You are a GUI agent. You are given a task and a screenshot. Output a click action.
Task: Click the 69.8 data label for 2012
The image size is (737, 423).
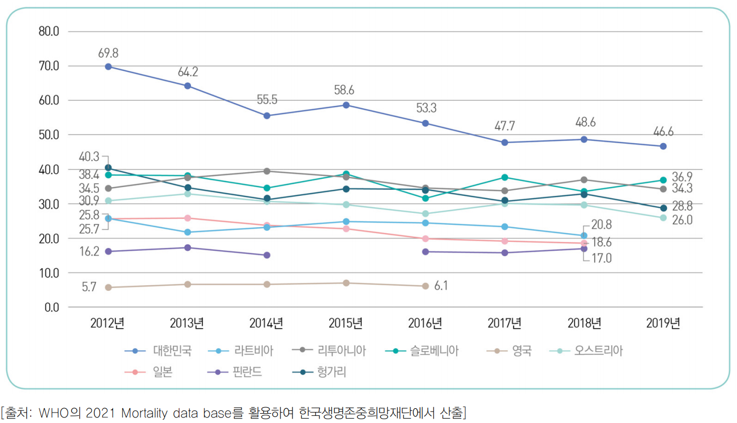(x=108, y=53)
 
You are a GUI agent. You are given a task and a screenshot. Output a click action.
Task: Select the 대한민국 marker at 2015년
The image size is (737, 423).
(x=346, y=105)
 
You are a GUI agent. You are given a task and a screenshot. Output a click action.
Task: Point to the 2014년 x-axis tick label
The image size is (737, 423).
(x=267, y=323)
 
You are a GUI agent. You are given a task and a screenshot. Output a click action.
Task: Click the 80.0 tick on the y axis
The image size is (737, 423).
(x=49, y=31)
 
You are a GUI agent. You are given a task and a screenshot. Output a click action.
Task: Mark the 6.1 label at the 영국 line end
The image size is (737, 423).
(x=440, y=286)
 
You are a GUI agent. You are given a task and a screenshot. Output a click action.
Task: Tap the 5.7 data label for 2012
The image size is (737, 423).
(x=88, y=287)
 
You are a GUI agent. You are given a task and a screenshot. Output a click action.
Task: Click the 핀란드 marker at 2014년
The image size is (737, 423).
(x=267, y=255)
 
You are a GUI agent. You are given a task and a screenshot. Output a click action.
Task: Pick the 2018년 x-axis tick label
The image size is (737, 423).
(x=584, y=323)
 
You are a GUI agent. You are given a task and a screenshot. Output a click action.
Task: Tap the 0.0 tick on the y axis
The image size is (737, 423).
(x=51, y=307)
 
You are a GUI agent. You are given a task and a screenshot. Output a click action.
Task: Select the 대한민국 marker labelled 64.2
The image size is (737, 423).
(x=188, y=86)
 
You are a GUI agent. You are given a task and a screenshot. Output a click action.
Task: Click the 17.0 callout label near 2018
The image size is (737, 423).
(x=601, y=258)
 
